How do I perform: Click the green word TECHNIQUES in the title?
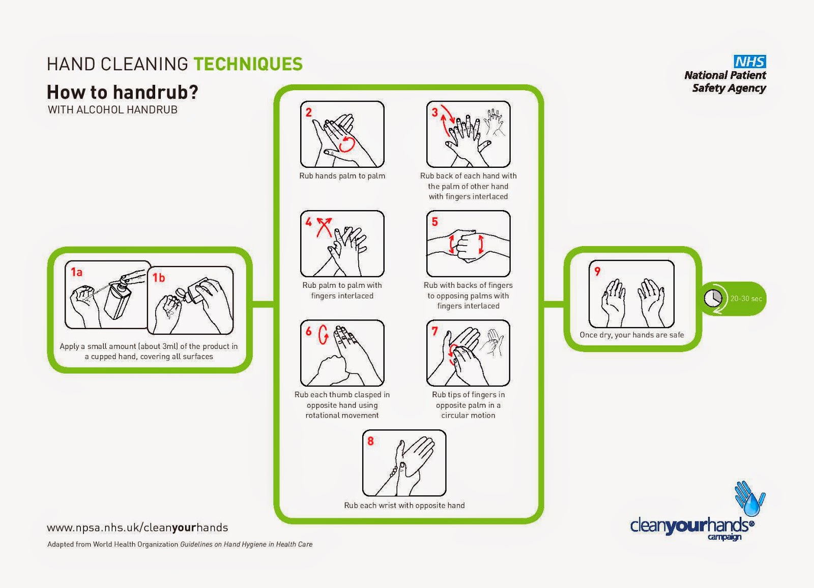[248, 64]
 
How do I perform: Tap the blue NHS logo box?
[750, 62]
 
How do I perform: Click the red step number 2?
[308, 112]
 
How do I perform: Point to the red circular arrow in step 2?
[347, 144]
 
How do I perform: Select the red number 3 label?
[434, 112]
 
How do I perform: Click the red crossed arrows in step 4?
[324, 227]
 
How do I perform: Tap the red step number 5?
[434, 222]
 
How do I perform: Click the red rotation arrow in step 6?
[323, 334]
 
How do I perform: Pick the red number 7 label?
[434, 331]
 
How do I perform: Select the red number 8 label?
[370, 441]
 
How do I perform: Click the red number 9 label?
[597, 272]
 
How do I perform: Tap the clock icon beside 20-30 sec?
[713, 299]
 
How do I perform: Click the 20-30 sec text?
[746, 299]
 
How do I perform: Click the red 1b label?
[159, 278]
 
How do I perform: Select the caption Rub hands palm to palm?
[342, 176]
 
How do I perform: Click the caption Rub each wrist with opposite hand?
[404, 505]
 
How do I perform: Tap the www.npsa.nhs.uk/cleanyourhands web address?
[137, 527]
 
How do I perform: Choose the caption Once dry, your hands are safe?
[631, 335]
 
